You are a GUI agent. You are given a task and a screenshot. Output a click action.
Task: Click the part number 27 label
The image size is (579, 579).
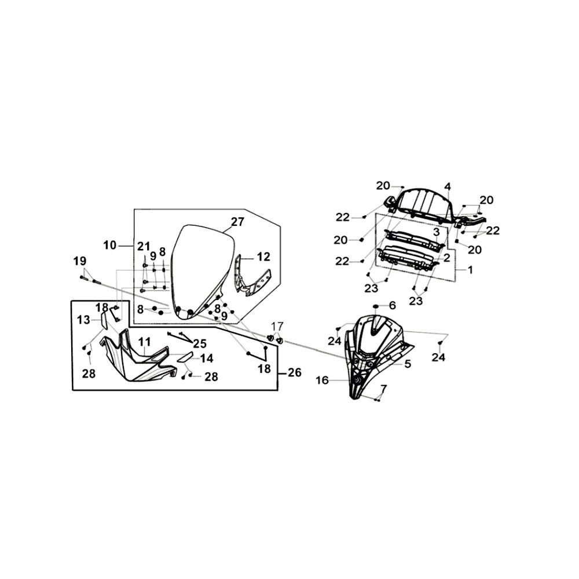tap(237, 222)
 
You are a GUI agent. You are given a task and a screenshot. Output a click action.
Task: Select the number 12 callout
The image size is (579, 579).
tap(263, 256)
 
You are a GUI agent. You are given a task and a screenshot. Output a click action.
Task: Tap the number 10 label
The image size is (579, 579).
tap(109, 245)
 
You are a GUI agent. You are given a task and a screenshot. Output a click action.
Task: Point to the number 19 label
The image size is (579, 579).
tap(80, 261)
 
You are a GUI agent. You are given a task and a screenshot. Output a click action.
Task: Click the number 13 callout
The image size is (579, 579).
tap(83, 320)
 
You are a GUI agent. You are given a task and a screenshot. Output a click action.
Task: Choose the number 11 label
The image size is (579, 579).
tap(144, 341)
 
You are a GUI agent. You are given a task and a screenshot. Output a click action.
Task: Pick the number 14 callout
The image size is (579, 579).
tap(207, 358)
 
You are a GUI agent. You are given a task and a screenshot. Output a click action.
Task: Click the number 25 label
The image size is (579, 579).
tap(200, 343)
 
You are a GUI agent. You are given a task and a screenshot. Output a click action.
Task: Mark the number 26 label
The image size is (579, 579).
tap(295, 372)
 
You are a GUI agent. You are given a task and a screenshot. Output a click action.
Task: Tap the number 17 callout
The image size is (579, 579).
tap(277, 327)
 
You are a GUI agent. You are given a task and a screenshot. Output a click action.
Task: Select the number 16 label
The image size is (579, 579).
tap(323, 380)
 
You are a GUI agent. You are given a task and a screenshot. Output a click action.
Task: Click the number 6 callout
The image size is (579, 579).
tap(392, 305)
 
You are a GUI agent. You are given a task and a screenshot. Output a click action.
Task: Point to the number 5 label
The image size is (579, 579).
tap(408, 364)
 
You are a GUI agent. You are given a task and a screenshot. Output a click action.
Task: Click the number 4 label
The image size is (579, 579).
tap(448, 186)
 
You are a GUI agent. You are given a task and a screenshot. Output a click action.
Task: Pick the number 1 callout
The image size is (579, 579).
tap(470, 270)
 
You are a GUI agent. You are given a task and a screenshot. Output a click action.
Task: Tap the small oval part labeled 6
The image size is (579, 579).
tap(376, 306)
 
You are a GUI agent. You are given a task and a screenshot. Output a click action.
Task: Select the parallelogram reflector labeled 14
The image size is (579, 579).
tap(185, 357)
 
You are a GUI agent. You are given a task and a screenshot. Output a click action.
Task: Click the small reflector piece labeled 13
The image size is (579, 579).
tap(104, 320)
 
